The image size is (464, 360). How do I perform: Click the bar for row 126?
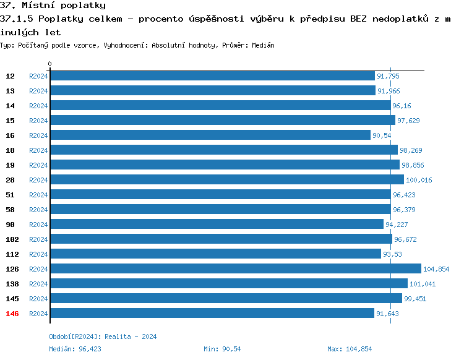pos(235,269)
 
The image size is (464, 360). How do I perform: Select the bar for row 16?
pos(210,135)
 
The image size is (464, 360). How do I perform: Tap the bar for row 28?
pos(226,180)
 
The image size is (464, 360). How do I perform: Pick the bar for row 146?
pos(212,314)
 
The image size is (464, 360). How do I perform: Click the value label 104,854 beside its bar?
pos(436,269)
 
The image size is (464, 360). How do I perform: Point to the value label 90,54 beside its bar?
pos(382,135)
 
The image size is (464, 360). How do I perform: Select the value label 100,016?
pos(419,180)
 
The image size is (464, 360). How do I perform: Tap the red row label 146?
pos(12,314)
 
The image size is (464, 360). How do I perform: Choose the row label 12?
pos(11,76)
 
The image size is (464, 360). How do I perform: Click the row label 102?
pos(12,239)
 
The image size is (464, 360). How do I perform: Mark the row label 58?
pos(11,210)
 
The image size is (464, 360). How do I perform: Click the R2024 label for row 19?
pos(38,165)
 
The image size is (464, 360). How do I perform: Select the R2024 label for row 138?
pos(38,284)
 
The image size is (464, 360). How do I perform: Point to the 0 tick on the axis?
pos(50,64)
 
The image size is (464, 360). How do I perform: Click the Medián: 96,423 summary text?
pos(75,349)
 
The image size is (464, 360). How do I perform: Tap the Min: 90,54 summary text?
pos(222,349)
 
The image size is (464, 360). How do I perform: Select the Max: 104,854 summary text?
pos(350,349)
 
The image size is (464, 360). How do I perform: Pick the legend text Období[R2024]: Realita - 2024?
pos(103,336)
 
